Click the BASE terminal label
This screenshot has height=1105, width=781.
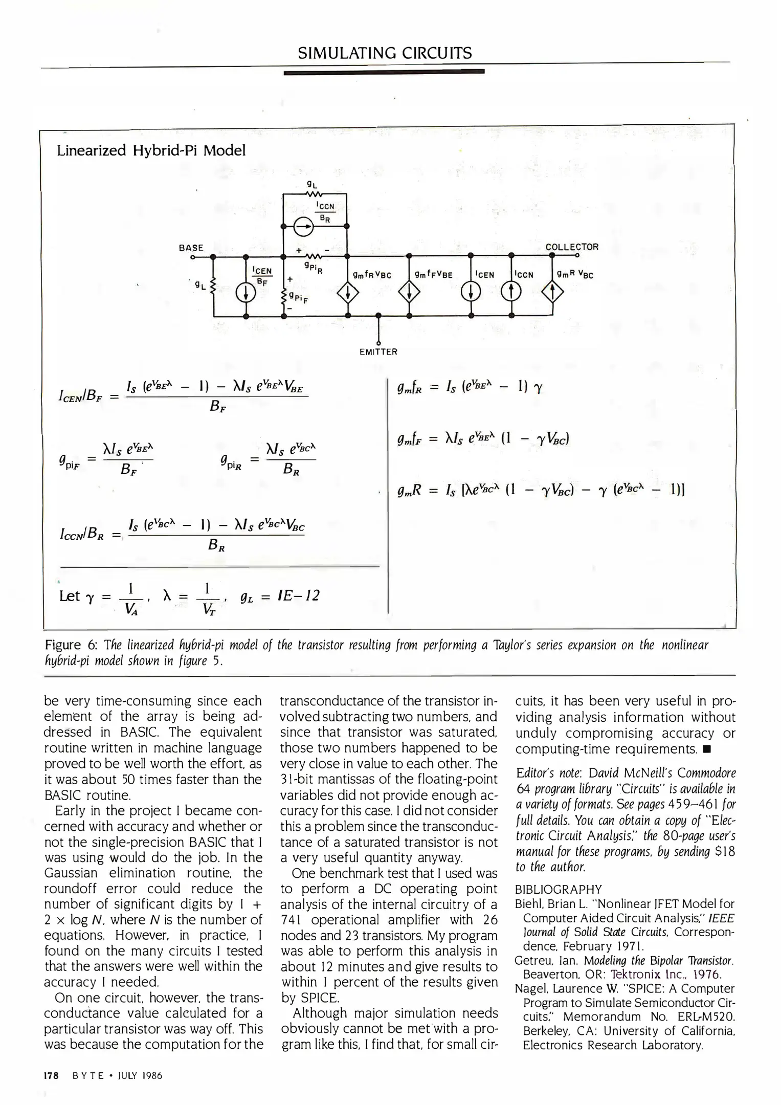point(191,248)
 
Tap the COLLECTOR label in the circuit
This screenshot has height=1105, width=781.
point(571,247)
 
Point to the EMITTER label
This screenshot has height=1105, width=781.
point(378,352)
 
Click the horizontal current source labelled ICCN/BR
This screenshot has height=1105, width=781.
point(304,226)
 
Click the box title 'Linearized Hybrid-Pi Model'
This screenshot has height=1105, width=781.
point(151,150)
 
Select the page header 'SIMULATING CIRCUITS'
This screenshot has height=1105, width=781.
point(385,53)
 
